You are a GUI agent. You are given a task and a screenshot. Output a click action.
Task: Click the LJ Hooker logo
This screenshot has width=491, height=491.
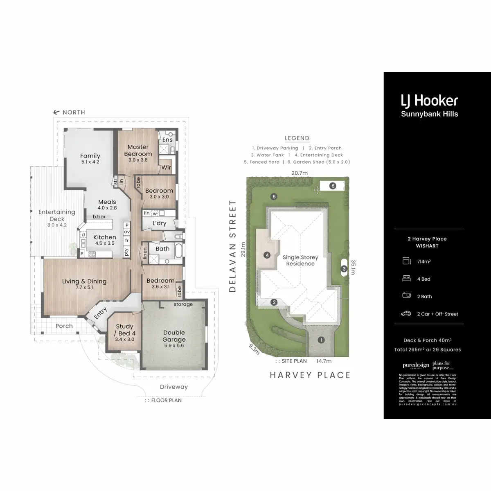coord(429,101)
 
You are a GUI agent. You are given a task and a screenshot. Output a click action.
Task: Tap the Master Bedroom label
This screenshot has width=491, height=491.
coord(138,150)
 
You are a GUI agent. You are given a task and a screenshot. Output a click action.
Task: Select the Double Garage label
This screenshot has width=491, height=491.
coord(174,336)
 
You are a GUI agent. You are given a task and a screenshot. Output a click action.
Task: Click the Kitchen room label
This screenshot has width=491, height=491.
coord(105,237)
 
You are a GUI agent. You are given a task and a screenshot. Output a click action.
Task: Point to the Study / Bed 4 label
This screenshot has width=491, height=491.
coord(124,330)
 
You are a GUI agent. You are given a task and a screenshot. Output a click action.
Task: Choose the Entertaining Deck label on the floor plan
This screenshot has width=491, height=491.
coord(57,215)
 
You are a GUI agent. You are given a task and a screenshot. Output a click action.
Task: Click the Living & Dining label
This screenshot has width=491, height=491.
coord(84,282)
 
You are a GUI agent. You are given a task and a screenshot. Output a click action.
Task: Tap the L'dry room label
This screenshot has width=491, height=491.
coord(159,223)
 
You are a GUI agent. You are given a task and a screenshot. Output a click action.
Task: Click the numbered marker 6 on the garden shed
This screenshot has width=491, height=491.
coord(333,186)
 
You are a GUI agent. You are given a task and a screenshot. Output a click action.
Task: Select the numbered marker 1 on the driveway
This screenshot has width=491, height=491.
coord(322,340)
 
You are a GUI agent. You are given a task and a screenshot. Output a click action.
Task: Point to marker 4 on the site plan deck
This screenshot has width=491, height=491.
coord(267,255)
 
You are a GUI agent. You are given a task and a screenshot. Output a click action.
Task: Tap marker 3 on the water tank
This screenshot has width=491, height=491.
coord(344,269)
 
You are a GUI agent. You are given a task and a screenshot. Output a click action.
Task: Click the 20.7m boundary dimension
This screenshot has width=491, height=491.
coord(300,173)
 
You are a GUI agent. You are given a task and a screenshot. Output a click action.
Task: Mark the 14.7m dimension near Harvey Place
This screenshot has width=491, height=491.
coord(324,361)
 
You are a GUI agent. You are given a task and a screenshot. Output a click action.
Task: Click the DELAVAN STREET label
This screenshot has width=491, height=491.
coord(233,246)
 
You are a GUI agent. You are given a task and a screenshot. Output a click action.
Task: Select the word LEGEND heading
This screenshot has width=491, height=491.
coord(297,138)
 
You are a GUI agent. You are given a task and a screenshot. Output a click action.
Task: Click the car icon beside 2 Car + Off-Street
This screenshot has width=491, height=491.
coord(406,314)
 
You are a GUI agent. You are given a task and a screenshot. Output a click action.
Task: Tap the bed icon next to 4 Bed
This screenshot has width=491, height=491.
coord(406,279)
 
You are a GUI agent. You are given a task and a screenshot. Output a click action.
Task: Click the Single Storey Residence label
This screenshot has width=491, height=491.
coord(300,261)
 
